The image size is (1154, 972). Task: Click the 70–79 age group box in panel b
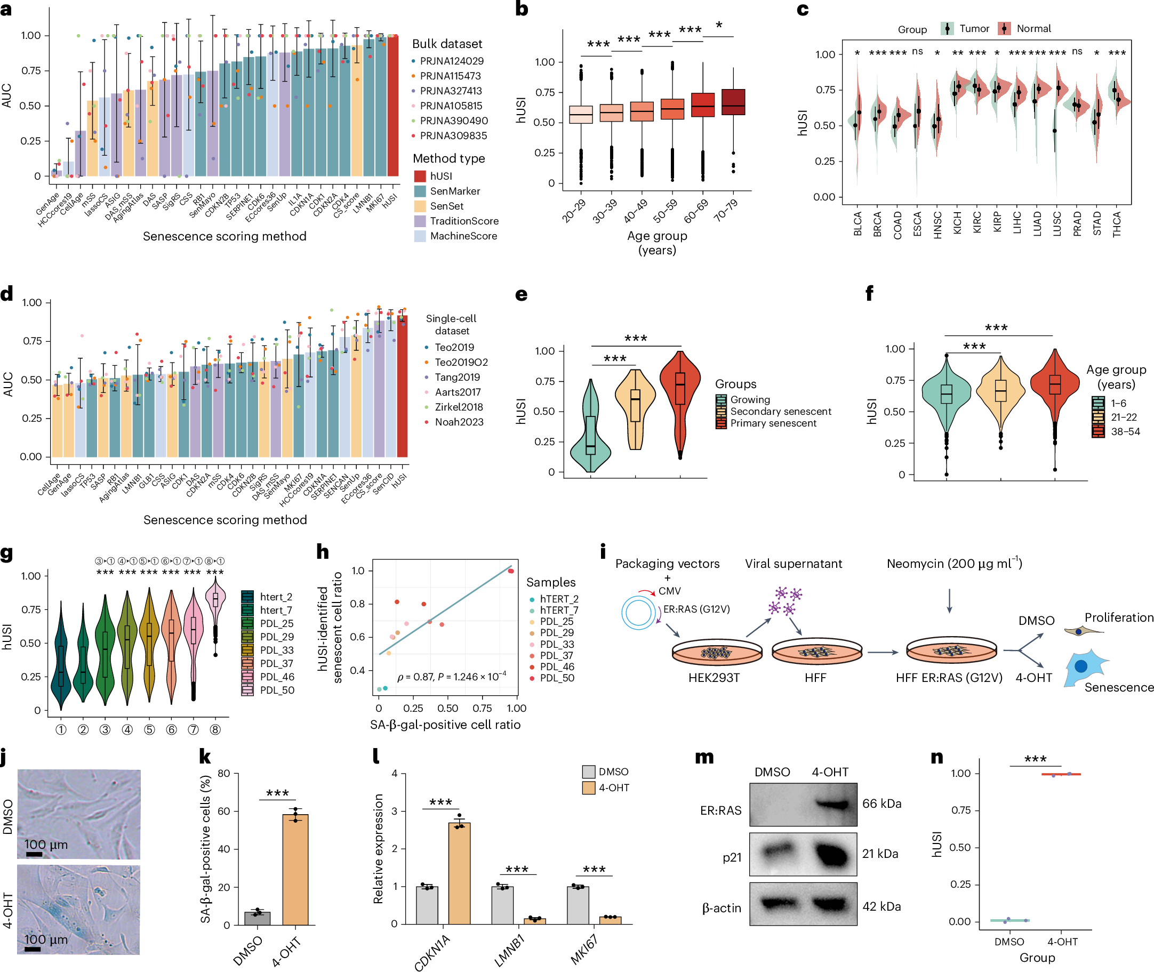733,102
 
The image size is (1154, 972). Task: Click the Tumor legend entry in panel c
973,29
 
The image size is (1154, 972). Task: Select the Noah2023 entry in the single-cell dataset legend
459,422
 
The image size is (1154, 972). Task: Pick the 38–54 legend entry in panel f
1125,431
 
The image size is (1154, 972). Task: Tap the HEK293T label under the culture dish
714,678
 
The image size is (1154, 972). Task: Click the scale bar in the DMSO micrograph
34,854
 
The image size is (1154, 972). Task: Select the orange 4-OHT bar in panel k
295,869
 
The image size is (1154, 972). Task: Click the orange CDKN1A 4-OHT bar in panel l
459,873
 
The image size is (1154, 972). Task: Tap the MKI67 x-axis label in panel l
584,949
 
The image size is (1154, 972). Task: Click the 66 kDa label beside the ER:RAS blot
881,804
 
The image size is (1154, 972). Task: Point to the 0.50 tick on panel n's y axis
960,847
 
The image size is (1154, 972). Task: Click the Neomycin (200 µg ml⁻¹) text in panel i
954,564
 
